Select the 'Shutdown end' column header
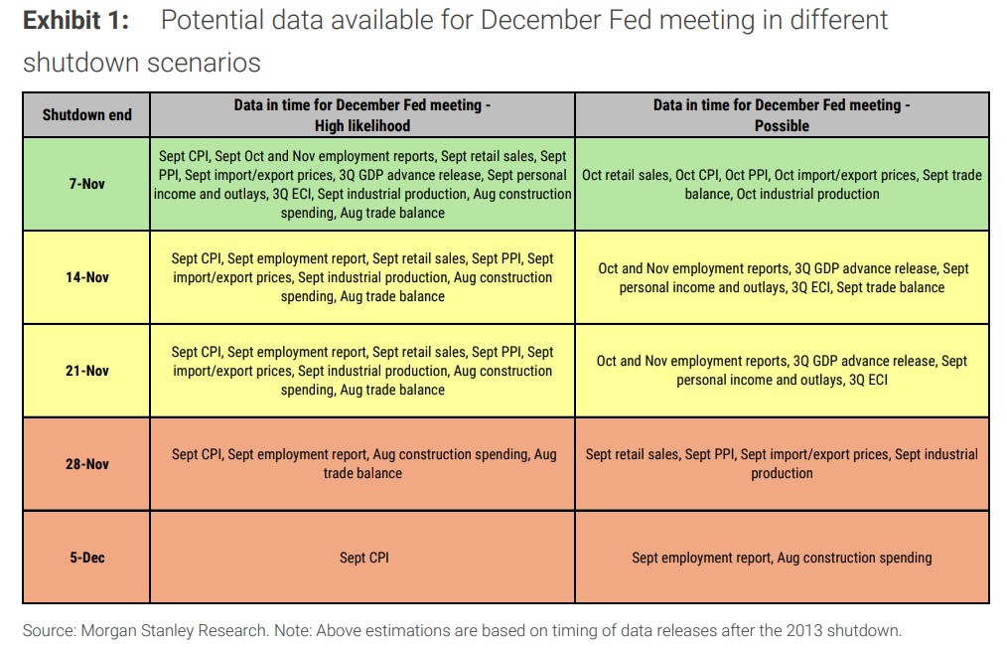pos(87,114)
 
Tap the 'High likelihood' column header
pos(362,115)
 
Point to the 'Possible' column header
pos(782,115)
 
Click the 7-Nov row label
pos(87,184)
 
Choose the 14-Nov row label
pos(87,277)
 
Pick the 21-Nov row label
pos(87,371)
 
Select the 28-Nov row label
pos(87,464)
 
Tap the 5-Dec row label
pos(87,558)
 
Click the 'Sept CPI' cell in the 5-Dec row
pos(363,558)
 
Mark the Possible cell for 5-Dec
pos(782,558)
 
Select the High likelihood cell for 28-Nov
pos(363,464)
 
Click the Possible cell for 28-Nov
pos(782,464)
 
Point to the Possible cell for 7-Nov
pos(782,184)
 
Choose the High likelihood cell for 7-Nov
pos(363,184)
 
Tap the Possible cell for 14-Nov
pos(782,277)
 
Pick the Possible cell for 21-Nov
pos(782,371)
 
